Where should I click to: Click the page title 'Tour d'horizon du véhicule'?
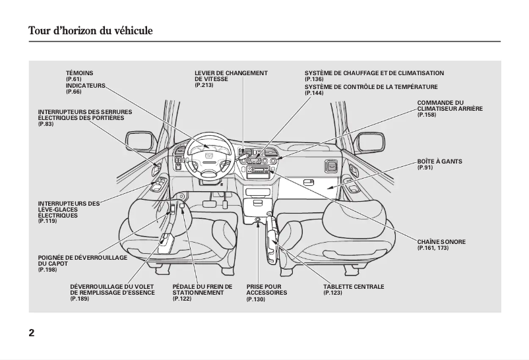(x=90, y=30)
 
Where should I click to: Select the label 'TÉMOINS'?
(x=79, y=73)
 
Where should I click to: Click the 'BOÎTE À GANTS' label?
(x=439, y=162)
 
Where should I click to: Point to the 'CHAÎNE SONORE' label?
(x=441, y=242)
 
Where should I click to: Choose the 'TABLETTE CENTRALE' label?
(x=354, y=287)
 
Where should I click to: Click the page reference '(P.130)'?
(x=255, y=299)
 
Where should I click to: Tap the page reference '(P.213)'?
(x=204, y=85)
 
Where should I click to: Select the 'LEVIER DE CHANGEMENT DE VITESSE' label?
(x=231, y=76)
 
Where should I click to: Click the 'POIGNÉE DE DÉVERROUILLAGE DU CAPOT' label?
(x=82, y=260)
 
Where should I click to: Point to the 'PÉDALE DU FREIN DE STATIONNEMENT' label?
(x=202, y=289)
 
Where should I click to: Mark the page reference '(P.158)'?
(x=427, y=115)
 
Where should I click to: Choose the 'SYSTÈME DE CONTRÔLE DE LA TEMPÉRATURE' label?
(x=371, y=86)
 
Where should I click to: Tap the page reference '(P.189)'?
(x=79, y=299)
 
